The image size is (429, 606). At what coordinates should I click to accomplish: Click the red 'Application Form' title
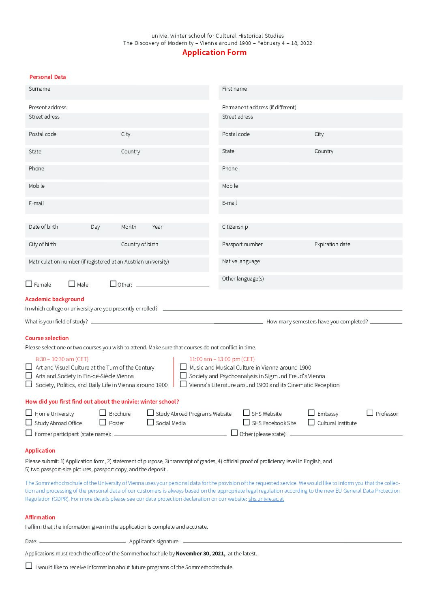pyautogui.click(x=214, y=52)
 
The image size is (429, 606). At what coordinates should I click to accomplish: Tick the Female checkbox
pyautogui.click(x=29, y=284)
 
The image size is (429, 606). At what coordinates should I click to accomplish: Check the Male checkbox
pyautogui.click(x=72, y=284)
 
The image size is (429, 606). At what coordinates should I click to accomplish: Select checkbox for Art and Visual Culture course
pyautogui.click(x=29, y=367)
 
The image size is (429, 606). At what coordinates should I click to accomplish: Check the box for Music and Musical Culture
pyautogui.click(x=183, y=367)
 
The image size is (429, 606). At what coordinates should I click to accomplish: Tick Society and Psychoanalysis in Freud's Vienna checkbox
pyautogui.click(x=183, y=376)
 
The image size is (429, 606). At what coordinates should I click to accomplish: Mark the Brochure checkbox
pyautogui.click(x=103, y=413)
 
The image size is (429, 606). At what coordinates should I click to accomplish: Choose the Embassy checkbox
pyautogui.click(x=311, y=413)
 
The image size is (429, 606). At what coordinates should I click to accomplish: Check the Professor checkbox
pyautogui.click(x=370, y=413)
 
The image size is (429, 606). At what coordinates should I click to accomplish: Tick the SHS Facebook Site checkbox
pyautogui.click(x=246, y=422)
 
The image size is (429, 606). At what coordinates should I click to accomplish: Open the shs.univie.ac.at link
pyautogui.click(x=266, y=499)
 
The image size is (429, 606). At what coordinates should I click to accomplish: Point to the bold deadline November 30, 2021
pyautogui.click(x=200, y=553)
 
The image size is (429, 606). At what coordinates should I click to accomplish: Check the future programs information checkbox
pyautogui.click(x=29, y=566)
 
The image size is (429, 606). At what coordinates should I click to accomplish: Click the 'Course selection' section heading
pyautogui.click(x=47, y=338)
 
